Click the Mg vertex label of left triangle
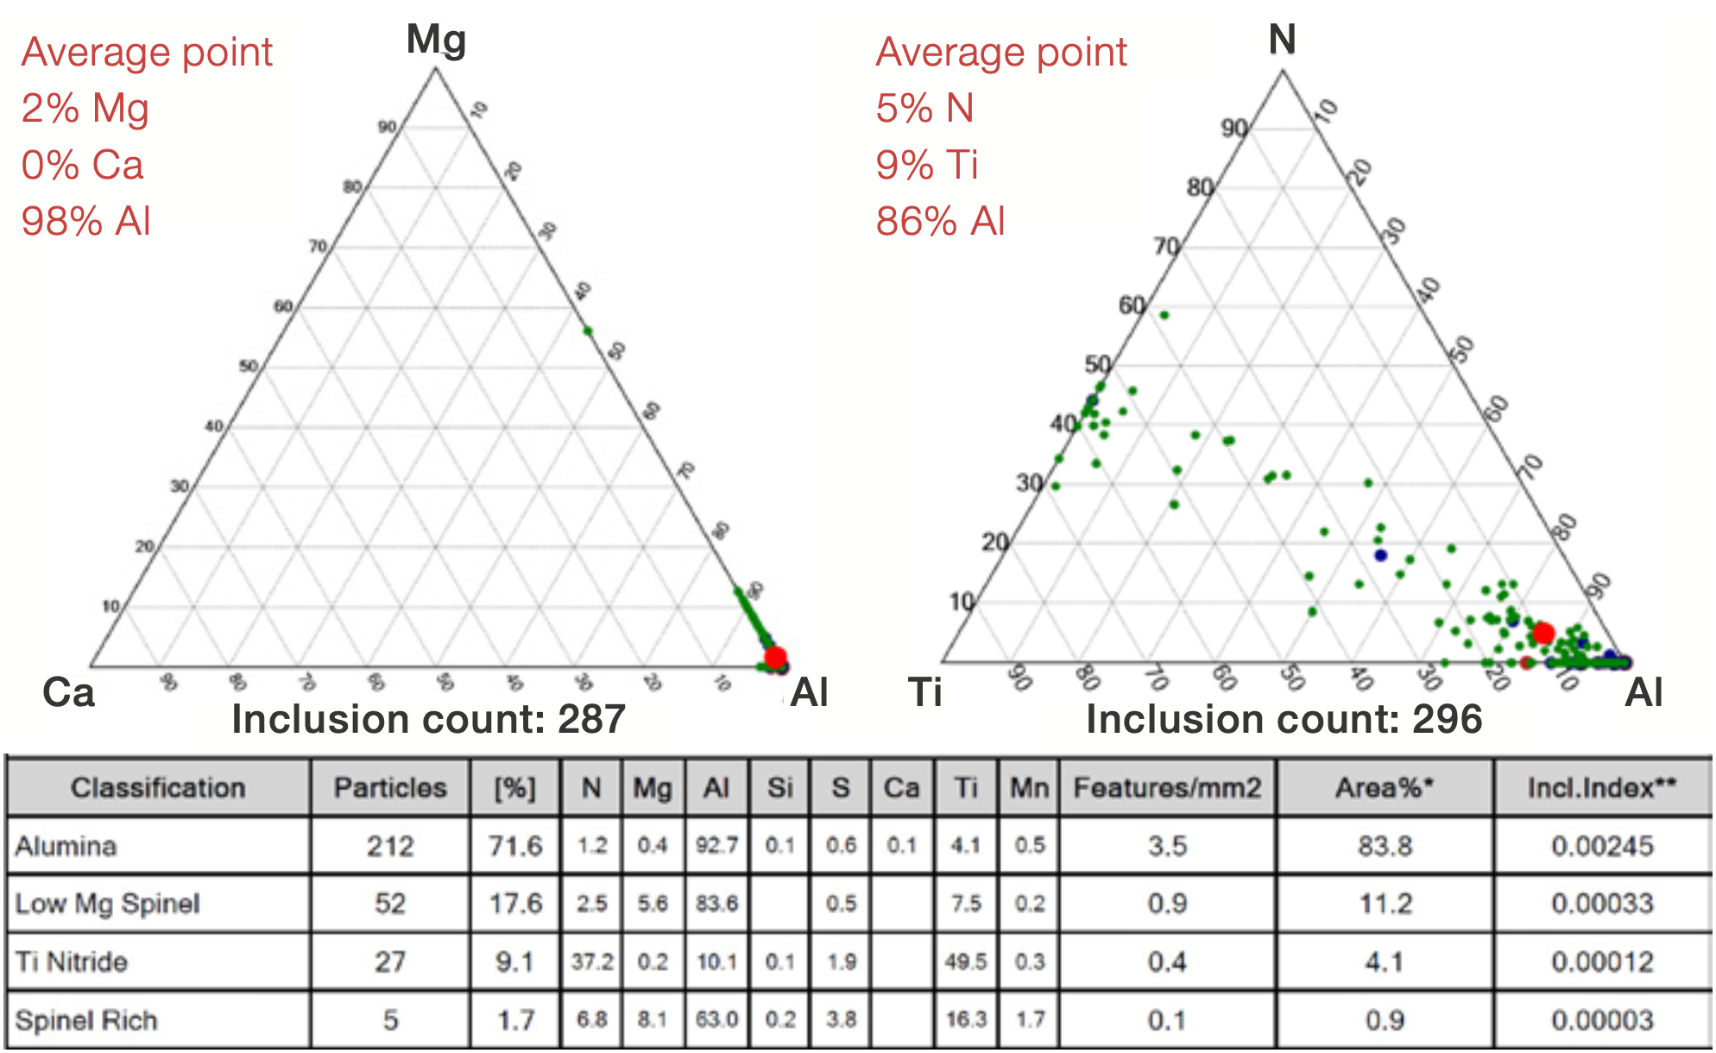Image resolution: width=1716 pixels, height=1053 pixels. (x=436, y=40)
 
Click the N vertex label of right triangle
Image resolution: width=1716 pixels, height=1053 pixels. (x=1282, y=40)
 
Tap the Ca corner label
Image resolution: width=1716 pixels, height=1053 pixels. (x=68, y=692)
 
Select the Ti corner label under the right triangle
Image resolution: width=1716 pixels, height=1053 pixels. (x=924, y=692)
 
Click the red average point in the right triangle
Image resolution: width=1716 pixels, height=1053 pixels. (x=1543, y=634)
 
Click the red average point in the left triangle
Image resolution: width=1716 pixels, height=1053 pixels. (x=775, y=657)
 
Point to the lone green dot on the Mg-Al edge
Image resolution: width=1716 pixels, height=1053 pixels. (x=588, y=331)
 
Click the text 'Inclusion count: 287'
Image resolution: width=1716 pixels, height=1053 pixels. (x=428, y=719)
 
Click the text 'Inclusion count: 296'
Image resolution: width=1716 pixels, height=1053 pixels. (x=1284, y=719)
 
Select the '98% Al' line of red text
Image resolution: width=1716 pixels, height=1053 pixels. (x=86, y=221)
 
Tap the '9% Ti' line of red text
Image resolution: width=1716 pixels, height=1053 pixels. (x=927, y=165)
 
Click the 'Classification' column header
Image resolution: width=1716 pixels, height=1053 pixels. (x=158, y=787)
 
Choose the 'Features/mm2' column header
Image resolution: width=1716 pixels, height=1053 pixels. (x=1167, y=787)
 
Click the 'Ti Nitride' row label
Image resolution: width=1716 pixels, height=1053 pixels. (x=72, y=962)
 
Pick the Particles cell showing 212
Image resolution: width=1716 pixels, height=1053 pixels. (x=390, y=846)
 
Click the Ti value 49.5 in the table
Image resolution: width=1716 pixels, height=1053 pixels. (x=965, y=962)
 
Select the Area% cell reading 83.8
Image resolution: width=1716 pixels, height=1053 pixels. (x=1385, y=846)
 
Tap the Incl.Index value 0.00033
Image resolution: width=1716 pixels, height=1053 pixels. (x=1602, y=904)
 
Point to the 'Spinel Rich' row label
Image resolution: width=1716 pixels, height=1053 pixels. (x=86, y=1020)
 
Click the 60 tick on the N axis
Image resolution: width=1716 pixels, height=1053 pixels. (x=1132, y=306)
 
